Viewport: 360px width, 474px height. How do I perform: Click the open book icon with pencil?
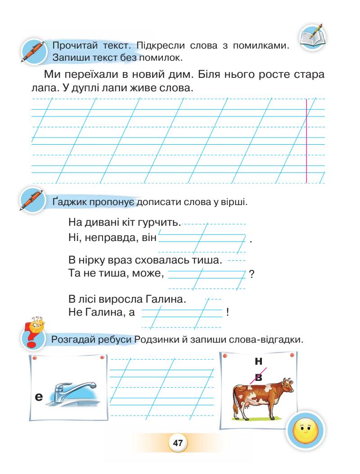click(313, 39)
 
